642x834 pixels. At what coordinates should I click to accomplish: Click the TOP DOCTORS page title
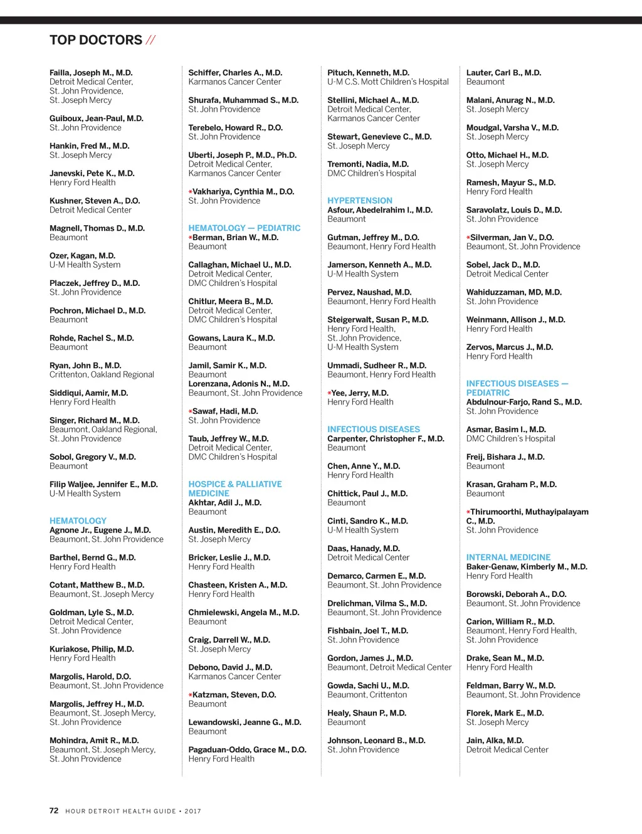(x=96, y=40)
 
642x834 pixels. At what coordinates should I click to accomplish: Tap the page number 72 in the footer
(x=54, y=810)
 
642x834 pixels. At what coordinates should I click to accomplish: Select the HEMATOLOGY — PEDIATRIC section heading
(x=245, y=228)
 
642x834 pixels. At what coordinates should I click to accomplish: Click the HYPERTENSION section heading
(x=360, y=201)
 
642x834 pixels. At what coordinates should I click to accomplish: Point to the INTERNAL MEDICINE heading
(x=508, y=557)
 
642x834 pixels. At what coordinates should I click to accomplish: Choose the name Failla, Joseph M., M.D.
(x=91, y=73)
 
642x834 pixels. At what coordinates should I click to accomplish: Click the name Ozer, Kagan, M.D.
(x=82, y=256)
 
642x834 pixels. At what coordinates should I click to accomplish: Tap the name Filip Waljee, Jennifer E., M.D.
(x=103, y=484)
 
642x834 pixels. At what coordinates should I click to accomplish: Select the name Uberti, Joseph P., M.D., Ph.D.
(x=243, y=155)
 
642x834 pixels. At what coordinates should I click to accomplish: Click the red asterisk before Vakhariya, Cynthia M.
(x=191, y=192)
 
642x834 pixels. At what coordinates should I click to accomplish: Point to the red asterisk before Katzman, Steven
(x=191, y=695)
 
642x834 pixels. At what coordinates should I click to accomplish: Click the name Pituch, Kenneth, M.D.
(x=368, y=73)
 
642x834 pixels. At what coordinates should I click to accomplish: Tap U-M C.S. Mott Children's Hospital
(x=388, y=82)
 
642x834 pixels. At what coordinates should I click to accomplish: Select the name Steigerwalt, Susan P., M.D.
(x=378, y=320)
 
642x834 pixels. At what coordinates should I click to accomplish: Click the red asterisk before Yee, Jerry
(x=329, y=393)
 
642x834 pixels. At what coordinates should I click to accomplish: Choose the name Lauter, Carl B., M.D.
(x=503, y=73)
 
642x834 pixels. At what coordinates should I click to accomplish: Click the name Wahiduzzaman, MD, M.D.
(x=514, y=292)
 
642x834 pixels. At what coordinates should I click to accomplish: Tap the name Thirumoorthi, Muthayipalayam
(x=529, y=512)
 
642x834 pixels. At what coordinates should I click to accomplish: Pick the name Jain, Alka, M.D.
(x=495, y=741)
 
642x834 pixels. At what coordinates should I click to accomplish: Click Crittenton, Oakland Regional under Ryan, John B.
(x=102, y=375)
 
